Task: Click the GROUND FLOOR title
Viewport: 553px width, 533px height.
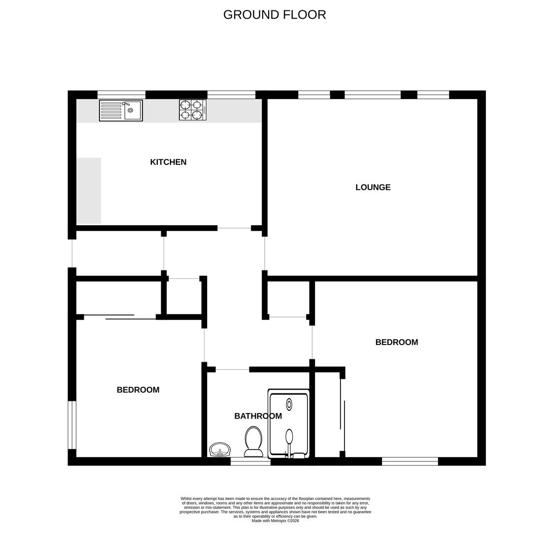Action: coord(275,15)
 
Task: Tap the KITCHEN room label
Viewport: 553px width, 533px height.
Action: coord(168,162)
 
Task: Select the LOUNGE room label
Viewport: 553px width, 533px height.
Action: coord(373,187)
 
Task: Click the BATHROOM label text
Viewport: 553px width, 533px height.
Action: coord(258,416)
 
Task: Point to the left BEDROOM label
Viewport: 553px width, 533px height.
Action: coord(138,389)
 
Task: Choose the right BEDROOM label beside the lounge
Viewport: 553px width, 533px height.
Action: coord(397,342)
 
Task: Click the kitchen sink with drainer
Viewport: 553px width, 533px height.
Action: coord(121,111)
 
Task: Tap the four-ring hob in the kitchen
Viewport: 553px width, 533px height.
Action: coord(193,110)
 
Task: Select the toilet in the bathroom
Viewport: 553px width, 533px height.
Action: coord(253,442)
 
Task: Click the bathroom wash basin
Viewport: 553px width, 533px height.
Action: coord(220,450)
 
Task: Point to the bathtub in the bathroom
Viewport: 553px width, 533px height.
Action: coord(289,424)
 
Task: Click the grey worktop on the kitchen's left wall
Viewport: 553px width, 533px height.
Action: coord(89,190)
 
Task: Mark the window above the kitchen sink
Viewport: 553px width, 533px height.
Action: coord(121,94)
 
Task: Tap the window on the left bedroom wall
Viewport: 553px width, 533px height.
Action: coord(72,425)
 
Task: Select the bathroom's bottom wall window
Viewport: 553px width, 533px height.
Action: coord(250,461)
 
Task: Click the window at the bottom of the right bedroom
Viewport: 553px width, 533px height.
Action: coord(410,461)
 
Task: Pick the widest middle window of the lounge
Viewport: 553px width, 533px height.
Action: coord(373,94)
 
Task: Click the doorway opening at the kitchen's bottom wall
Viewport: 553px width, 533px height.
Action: coord(234,228)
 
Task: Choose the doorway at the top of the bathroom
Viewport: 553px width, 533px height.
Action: coord(233,370)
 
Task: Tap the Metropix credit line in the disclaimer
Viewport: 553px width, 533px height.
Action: coord(276,521)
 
